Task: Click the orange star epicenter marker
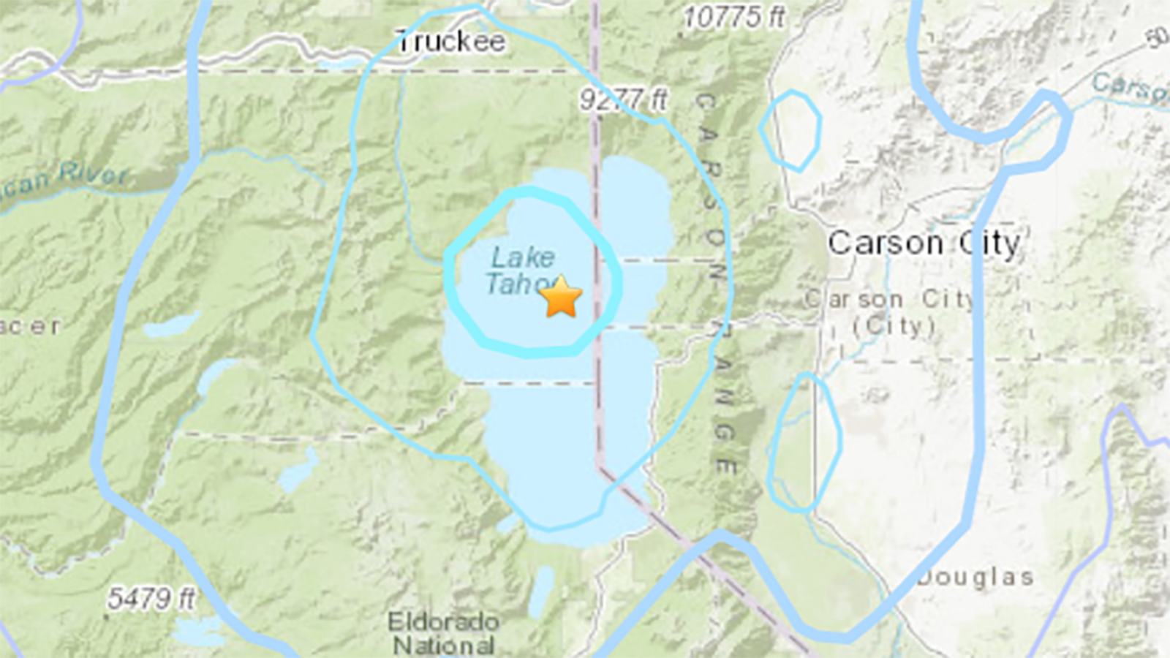(561, 297)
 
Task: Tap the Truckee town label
(450, 42)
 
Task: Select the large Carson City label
(924, 243)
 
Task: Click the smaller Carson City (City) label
(891, 312)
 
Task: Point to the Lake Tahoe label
(521, 271)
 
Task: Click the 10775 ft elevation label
(734, 17)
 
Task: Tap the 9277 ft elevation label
(624, 99)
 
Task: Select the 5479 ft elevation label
(151, 600)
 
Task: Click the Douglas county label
(975, 578)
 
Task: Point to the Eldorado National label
(443, 633)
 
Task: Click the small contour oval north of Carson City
(790, 130)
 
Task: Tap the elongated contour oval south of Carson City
(804, 442)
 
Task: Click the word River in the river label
(93, 174)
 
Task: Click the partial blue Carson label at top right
(1130, 86)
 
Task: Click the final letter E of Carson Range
(725, 465)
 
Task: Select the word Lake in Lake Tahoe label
(522, 257)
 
